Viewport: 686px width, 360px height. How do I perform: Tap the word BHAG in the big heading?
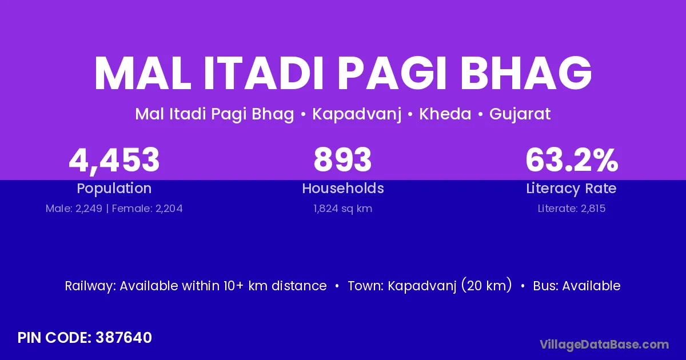[x=527, y=74]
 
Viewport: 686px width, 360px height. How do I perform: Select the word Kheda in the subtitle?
[x=445, y=114]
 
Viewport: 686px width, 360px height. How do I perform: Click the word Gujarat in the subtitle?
[x=520, y=114]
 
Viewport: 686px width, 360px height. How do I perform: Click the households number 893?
[x=342, y=160]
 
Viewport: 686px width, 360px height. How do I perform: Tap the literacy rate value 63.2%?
[x=572, y=160]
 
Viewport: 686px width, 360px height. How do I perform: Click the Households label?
[x=343, y=188]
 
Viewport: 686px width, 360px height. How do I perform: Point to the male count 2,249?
[x=89, y=209]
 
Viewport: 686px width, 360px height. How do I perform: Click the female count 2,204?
[x=169, y=209]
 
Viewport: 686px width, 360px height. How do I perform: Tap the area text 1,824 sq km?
[x=342, y=209]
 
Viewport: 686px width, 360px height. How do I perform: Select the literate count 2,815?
[x=593, y=209]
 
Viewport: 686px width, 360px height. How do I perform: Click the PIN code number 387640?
[x=123, y=338]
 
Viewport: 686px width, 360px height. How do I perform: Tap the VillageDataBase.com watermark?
[x=604, y=345]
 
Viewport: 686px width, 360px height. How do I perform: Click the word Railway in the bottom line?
[x=90, y=286]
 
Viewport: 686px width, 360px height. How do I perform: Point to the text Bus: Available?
[x=577, y=286]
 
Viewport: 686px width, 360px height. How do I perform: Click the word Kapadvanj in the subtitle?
[x=357, y=114]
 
